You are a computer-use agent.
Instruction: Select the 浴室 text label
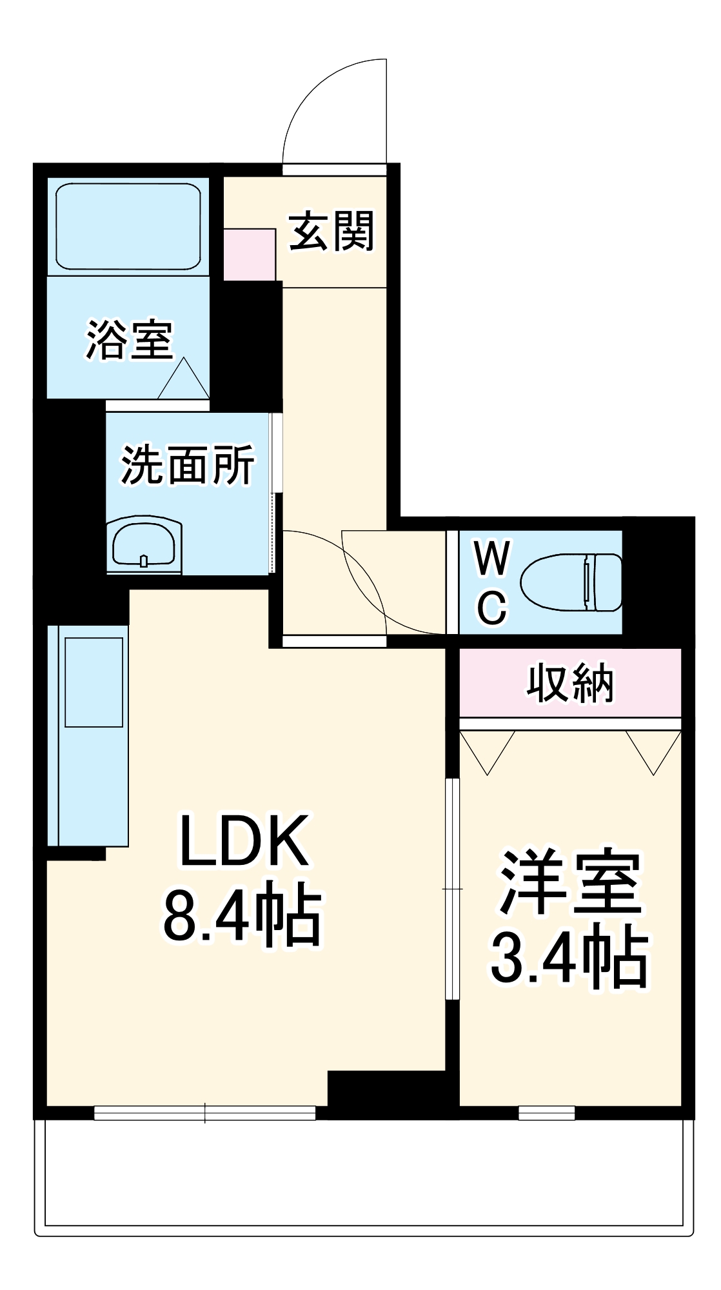(130, 339)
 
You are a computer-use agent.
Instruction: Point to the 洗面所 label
(187, 464)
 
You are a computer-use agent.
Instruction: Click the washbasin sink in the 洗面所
(144, 546)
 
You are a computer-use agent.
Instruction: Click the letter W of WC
(492, 559)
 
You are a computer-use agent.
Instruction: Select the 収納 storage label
(570, 683)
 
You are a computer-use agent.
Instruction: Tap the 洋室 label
(570, 882)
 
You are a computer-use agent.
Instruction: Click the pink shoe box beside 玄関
(250, 254)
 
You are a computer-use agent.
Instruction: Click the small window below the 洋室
(546, 1113)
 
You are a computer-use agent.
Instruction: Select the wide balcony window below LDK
(204, 1113)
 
